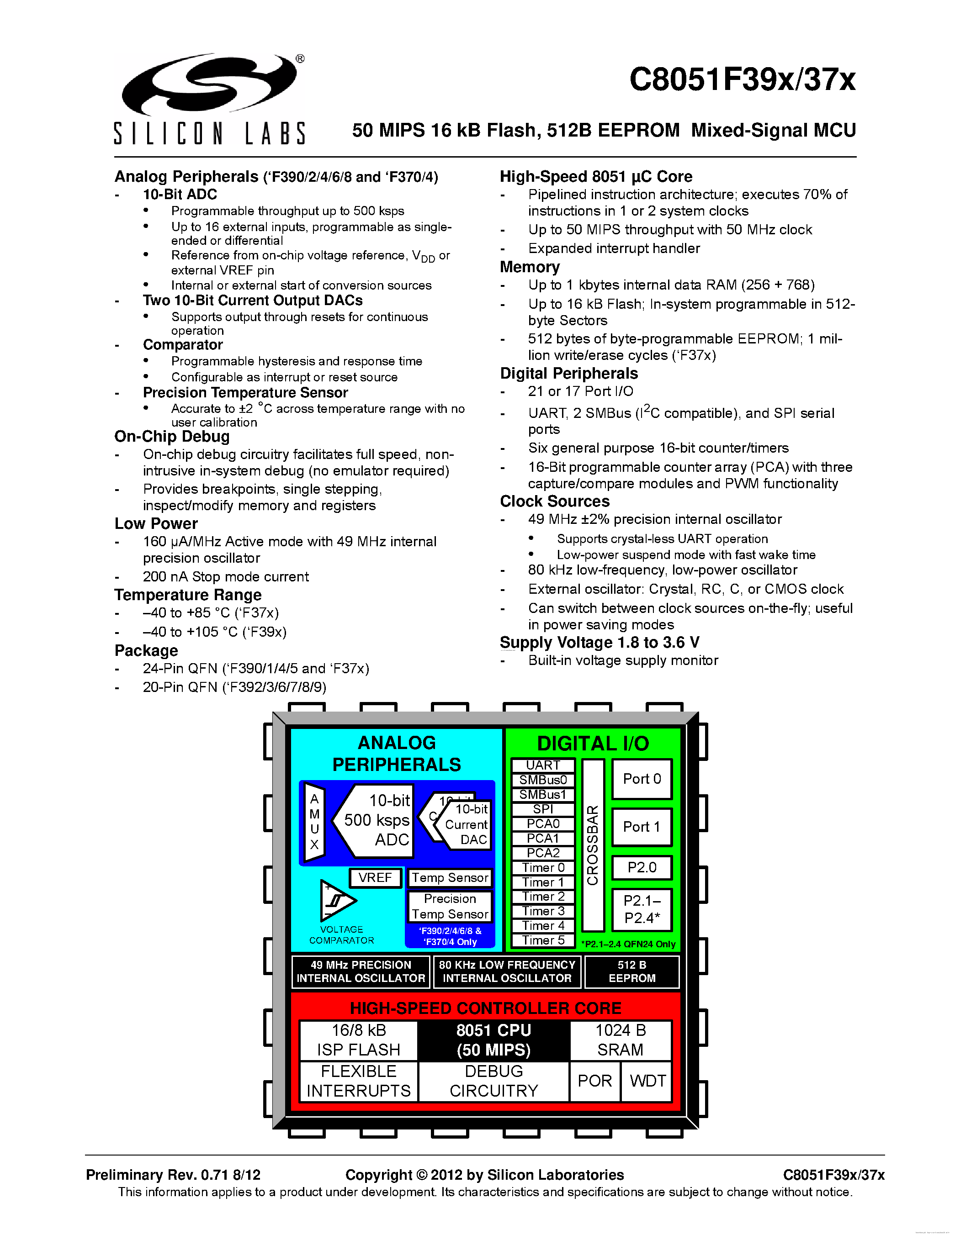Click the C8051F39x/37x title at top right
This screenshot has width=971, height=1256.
point(742,79)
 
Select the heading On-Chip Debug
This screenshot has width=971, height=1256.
point(172,437)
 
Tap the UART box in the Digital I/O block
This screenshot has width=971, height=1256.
point(542,765)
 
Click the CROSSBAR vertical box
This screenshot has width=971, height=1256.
point(593,845)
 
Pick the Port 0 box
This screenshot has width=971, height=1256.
point(642,779)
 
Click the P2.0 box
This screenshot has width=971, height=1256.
point(642,868)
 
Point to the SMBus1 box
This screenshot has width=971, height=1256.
point(542,795)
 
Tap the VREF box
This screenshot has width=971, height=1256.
point(375,877)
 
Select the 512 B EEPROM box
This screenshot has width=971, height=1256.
point(631,971)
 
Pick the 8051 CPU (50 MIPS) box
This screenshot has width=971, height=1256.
point(493,1040)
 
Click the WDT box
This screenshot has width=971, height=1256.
point(647,1081)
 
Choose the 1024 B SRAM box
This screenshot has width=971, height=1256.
point(620,1040)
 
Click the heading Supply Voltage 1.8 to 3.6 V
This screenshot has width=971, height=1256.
point(600,642)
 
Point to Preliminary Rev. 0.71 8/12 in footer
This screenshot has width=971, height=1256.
point(173,1175)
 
